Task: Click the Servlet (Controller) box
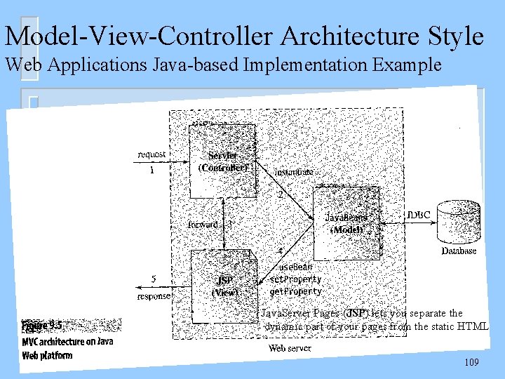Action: click(x=223, y=159)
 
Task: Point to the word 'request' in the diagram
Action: click(x=151, y=154)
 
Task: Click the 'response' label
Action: click(x=154, y=296)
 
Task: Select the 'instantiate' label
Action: click(x=294, y=171)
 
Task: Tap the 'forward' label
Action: click(x=203, y=225)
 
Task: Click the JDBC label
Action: click(x=419, y=213)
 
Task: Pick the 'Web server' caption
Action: click(x=290, y=348)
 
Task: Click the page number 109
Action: click(x=472, y=362)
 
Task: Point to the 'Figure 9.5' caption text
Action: click(x=41, y=326)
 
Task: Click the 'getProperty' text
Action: click(x=295, y=291)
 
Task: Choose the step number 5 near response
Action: click(x=154, y=279)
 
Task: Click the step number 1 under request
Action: click(x=152, y=168)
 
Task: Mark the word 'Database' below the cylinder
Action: click(x=459, y=251)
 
